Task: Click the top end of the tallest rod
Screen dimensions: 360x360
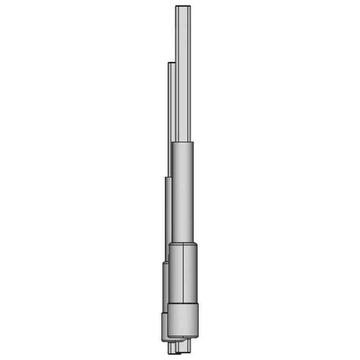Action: (x=184, y=7)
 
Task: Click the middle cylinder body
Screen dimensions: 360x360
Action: (x=183, y=191)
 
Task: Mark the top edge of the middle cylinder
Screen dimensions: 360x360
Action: (x=183, y=143)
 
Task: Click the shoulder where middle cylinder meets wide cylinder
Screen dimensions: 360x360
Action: (x=183, y=244)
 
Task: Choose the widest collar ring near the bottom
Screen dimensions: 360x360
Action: (x=183, y=321)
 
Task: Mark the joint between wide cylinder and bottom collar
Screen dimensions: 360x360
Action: (x=183, y=304)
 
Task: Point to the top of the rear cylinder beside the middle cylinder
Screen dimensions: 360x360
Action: (x=167, y=178)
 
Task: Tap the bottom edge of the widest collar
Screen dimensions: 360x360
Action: (x=183, y=337)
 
